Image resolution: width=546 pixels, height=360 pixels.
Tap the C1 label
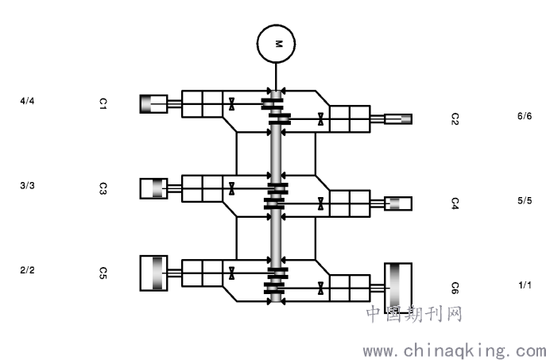click(103, 103)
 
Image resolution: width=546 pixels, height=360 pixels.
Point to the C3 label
click(103, 188)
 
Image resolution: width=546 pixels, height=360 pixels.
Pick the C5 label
click(103, 273)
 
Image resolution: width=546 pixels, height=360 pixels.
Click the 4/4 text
click(27, 101)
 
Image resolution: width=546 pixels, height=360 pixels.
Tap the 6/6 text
click(524, 116)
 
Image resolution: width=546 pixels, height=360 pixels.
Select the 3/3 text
click(27, 185)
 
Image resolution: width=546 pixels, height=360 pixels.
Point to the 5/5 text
click(524, 201)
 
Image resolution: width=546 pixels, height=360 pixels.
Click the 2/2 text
click(27, 270)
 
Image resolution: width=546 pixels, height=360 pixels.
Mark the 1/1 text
click(524, 285)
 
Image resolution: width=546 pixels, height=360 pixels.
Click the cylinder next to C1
click(153, 103)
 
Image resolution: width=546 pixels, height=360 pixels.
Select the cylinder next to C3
click(153, 188)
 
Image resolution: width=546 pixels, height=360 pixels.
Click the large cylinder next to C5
click(153, 273)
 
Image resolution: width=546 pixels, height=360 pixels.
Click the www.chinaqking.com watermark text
click(454, 349)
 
